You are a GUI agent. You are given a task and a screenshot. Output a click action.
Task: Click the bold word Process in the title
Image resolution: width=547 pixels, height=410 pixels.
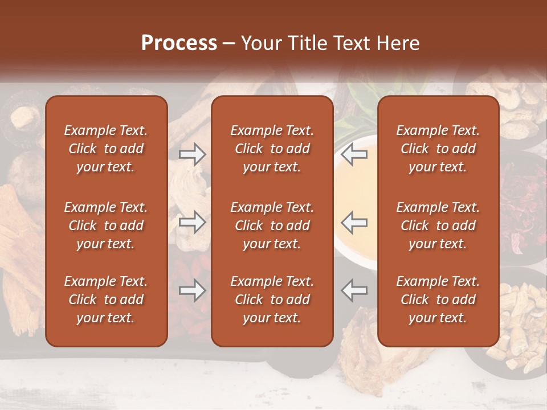pyautogui.click(x=179, y=43)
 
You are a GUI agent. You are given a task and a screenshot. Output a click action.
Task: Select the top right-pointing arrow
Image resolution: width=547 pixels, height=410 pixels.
pyautogui.click(x=192, y=154)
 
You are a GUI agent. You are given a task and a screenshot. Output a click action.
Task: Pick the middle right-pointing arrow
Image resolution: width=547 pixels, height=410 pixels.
pyautogui.click(x=192, y=222)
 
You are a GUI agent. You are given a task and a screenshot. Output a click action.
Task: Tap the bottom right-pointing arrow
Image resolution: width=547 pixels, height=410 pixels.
pyautogui.click(x=192, y=290)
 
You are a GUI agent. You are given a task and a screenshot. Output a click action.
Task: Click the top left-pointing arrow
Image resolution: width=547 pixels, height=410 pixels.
pyautogui.click(x=354, y=154)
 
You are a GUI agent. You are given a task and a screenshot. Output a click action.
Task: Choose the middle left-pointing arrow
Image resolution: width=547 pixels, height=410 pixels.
pyautogui.click(x=354, y=222)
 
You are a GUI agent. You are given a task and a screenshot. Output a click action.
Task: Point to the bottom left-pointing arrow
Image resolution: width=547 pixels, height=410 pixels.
pyautogui.click(x=354, y=290)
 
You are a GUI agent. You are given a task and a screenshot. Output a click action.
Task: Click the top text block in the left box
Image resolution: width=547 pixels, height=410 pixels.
pyautogui.click(x=106, y=149)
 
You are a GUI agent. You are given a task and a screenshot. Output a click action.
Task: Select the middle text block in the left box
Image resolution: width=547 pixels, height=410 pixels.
pyautogui.click(x=106, y=225)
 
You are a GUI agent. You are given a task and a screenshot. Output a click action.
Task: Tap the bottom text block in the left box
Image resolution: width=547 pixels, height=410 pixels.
pyautogui.click(x=106, y=300)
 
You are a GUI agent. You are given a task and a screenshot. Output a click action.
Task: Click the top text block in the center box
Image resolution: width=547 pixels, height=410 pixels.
pyautogui.click(x=272, y=149)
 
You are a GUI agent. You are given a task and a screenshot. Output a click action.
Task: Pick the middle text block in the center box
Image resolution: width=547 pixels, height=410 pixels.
pyautogui.click(x=272, y=225)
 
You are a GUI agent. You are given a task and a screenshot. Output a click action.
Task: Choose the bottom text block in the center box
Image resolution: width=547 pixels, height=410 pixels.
pyautogui.click(x=272, y=300)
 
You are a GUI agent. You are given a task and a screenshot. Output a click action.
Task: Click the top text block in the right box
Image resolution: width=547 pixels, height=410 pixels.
pyautogui.click(x=438, y=149)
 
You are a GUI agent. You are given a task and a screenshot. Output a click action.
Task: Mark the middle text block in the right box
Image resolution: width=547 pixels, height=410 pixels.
pyautogui.click(x=438, y=225)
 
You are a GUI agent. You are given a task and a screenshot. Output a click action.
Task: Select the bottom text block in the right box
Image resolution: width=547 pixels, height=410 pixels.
pyautogui.click(x=438, y=300)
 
